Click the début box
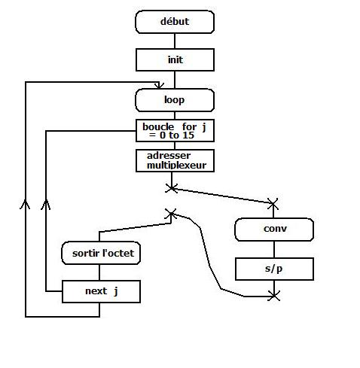175,22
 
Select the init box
175,59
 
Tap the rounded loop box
175,100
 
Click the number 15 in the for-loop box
188,135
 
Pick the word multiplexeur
176,166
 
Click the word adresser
169,156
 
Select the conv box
274,230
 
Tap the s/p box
274,269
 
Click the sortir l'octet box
101,253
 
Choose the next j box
101,291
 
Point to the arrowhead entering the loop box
159,86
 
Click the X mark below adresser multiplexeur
172,188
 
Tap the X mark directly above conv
273,203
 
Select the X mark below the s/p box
274,296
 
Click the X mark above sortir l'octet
171,214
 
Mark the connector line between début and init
175,41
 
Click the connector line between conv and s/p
274,249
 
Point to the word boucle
158,127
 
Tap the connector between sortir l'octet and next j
99,272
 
